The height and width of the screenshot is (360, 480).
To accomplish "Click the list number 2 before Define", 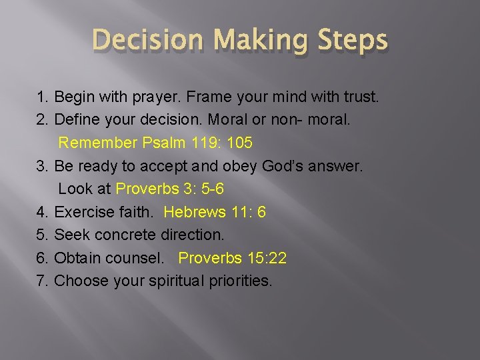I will coord(41,120).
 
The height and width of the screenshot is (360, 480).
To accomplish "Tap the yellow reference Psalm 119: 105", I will coord(197,143).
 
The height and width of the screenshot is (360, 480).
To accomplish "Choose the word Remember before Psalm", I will coord(98,143).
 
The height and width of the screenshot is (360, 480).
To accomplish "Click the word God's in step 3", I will coord(283,166).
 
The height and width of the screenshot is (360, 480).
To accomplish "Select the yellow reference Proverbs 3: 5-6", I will coord(170,189).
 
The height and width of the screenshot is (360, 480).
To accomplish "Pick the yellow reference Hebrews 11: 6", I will coord(215,212).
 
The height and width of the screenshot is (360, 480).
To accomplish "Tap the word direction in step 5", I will coord(193,235).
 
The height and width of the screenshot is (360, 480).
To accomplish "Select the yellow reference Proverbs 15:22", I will coord(233,257).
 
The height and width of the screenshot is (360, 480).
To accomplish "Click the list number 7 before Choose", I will coord(41,280).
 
